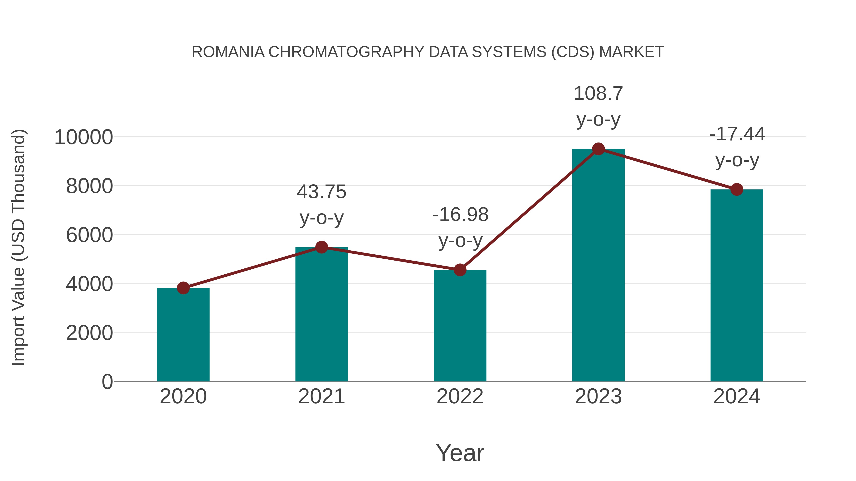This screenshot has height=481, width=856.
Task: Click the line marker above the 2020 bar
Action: point(183,288)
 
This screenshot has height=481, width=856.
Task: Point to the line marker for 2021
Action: point(321,247)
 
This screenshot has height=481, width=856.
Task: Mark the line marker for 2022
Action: point(460,270)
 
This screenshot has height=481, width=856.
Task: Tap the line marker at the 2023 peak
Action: point(598,149)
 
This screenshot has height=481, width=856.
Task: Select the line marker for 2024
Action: point(737,189)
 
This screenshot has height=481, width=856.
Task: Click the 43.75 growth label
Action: point(321,192)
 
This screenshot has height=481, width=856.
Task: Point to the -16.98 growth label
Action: point(460,214)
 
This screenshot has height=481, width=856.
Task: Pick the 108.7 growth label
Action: point(598,94)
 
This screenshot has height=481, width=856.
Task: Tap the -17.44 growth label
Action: point(737,134)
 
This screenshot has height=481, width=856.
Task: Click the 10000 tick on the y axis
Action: point(83,137)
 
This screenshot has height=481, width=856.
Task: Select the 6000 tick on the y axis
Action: point(89,235)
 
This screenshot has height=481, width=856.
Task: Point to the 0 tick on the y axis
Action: point(107,381)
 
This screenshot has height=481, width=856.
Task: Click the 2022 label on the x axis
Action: point(460,396)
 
